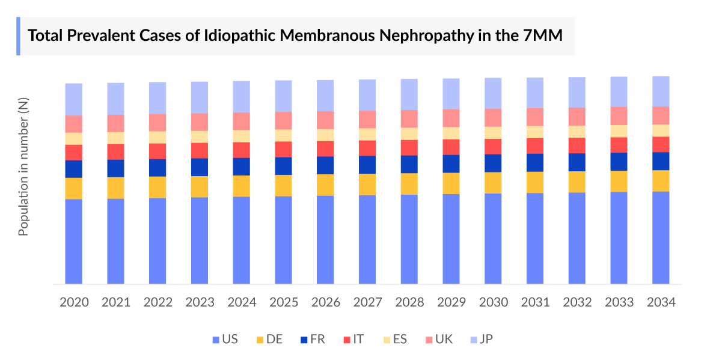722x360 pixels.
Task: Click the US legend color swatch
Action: [x=216, y=340]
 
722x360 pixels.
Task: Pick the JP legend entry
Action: [x=480, y=340]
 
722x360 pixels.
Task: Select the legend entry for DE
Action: [x=269, y=340]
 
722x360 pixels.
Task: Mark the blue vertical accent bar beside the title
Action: [x=18, y=36]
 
